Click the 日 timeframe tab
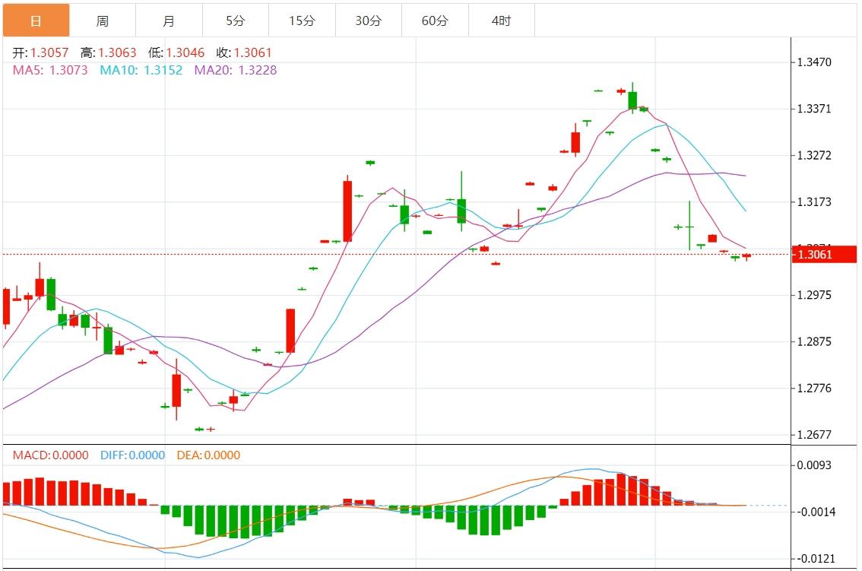36,21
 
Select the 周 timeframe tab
103,21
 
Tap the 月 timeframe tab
169,21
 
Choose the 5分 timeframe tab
235,21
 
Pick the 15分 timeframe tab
302,21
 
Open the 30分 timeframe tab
369,21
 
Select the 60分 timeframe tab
435,21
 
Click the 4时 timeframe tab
502,21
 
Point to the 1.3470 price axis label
814,62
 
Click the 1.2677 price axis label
814,435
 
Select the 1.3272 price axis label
814,155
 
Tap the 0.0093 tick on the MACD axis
814,465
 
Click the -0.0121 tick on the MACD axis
816,559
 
